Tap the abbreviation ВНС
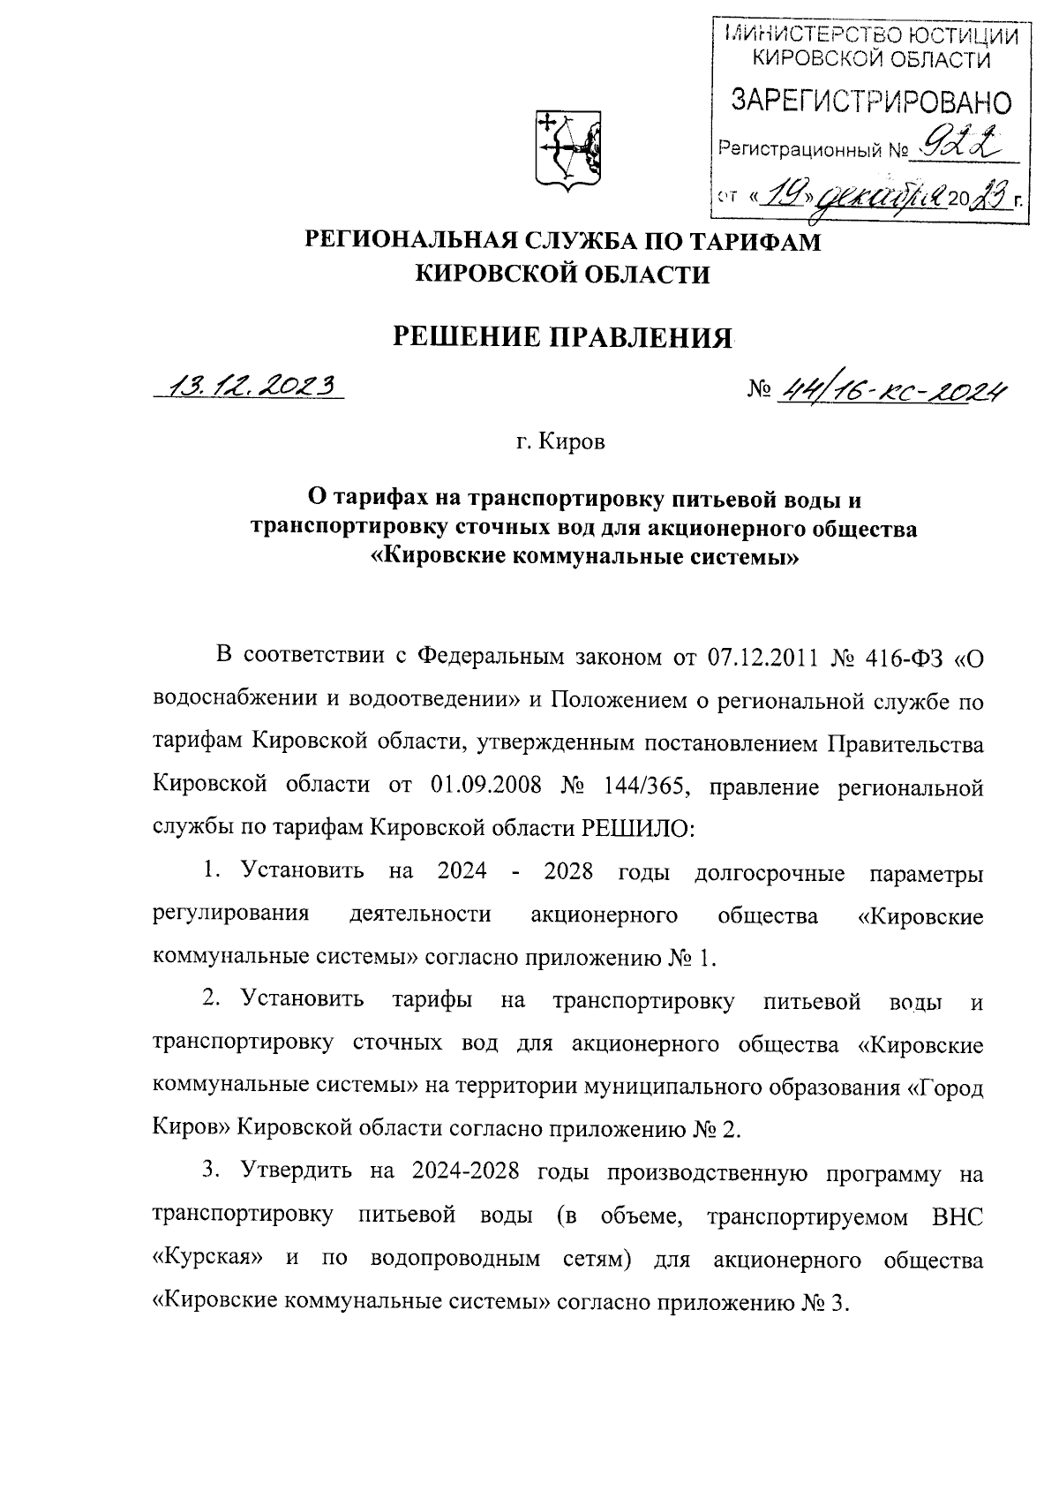(x=958, y=1216)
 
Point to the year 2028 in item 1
(x=568, y=871)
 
